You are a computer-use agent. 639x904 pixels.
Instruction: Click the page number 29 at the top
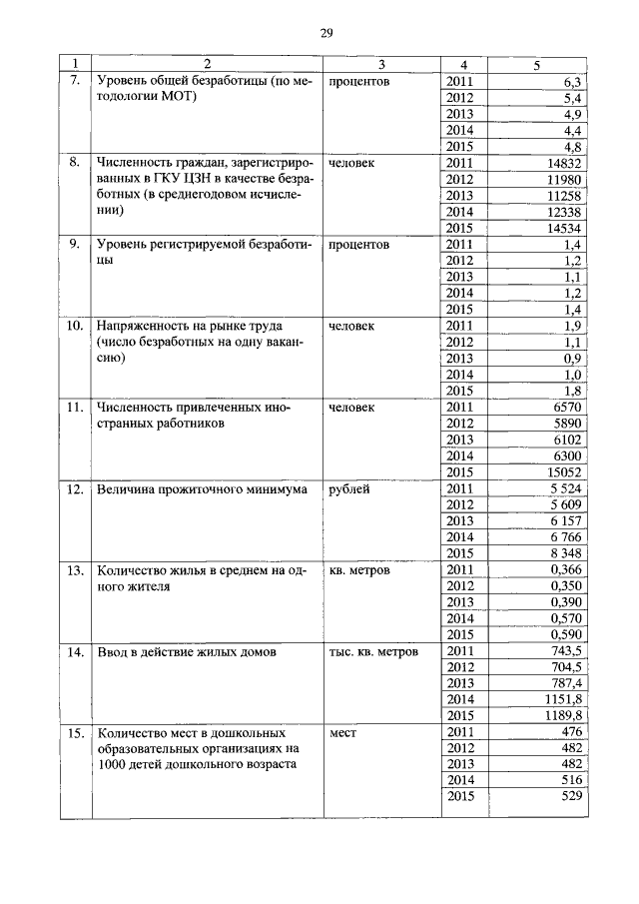click(x=325, y=33)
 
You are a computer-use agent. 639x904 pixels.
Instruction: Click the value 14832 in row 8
click(x=564, y=163)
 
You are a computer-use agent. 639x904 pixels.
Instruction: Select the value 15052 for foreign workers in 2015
click(x=564, y=471)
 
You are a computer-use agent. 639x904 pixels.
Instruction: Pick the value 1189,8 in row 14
click(x=563, y=716)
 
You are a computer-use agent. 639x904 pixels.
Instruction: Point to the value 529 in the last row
click(x=570, y=796)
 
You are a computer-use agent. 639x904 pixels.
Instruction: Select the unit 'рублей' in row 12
click(x=348, y=489)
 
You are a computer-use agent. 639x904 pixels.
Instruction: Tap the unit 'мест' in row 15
click(x=342, y=733)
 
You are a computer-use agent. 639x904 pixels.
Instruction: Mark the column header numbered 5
click(x=537, y=66)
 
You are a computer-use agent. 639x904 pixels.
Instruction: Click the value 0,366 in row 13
click(x=566, y=570)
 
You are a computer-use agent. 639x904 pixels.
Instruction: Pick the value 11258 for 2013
click(x=564, y=195)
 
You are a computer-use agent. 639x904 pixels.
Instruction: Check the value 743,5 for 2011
click(x=566, y=651)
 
